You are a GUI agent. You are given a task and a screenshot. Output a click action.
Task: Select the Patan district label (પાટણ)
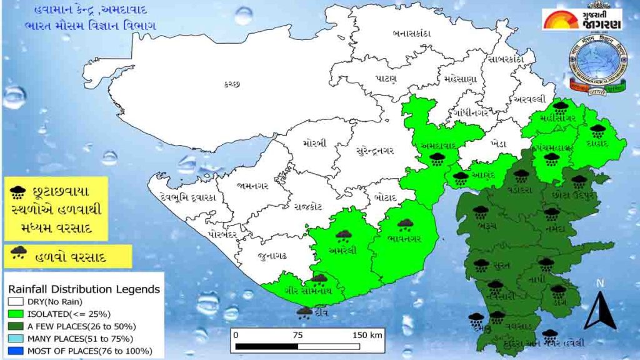pyautogui.click(x=387, y=80)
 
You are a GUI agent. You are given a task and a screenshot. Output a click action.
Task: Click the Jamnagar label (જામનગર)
pyautogui.click(x=254, y=185)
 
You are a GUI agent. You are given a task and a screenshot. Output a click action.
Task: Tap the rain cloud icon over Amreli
pyautogui.click(x=343, y=236)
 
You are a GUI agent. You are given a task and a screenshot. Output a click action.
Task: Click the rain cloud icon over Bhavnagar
pyautogui.click(x=406, y=224)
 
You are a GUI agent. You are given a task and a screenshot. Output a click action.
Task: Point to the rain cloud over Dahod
pyautogui.click(x=598, y=131)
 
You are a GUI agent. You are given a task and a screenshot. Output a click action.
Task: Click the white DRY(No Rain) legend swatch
pyautogui.click(x=14, y=302)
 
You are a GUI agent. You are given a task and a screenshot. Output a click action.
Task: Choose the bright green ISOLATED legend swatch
pyautogui.click(x=14, y=314)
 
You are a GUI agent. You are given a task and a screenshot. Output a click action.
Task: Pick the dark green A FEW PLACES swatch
pyautogui.click(x=14, y=326)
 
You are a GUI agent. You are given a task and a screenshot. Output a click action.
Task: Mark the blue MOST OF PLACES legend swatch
pyautogui.click(x=14, y=351)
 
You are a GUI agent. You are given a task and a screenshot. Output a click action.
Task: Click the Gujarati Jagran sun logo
pyautogui.click(x=560, y=19)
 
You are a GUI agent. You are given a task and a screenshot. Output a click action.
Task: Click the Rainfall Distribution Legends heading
pyautogui.click(x=84, y=289)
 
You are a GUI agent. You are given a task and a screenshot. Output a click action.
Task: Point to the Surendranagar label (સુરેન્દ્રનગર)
pyautogui.click(x=366, y=151)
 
